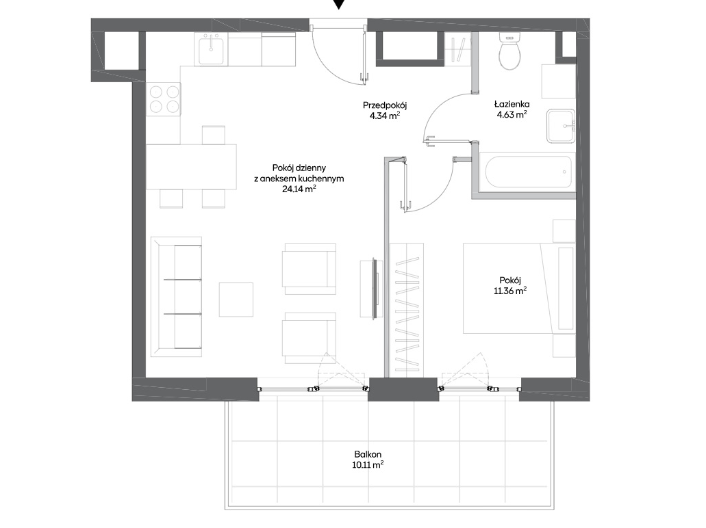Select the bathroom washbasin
coord(561,126)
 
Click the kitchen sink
coord(211,49)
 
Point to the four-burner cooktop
coord(164,99)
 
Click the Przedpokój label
coord(385,106)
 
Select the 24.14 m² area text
coord(299,189)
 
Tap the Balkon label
coord(368,454)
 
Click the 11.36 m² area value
coord(510,291)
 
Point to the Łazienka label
coord(512,105)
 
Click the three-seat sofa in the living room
coord(176,297)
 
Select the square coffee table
coord(236,300)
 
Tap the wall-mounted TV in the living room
coord(374,289)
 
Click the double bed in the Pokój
coord(519,289)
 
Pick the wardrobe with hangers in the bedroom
coord(407,309)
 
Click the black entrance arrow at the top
coord(340,4)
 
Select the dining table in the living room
coord(191,166)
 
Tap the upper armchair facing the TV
coord(309,269)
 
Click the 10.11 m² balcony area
coord(368,464)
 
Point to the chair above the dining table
coord(214,135)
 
